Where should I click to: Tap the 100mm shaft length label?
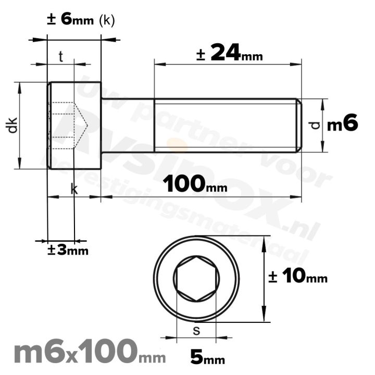click(191, 184)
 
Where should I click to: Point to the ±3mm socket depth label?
click(68, 251)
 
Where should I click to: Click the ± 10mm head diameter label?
click(297, 277)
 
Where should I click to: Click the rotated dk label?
click(12, 126)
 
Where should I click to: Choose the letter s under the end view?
click(196, 330)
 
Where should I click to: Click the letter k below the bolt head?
click(74, 190)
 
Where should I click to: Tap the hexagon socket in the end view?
click(196, 279)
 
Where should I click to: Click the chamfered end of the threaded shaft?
click(298, 125)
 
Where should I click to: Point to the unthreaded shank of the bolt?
click(127, 125)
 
